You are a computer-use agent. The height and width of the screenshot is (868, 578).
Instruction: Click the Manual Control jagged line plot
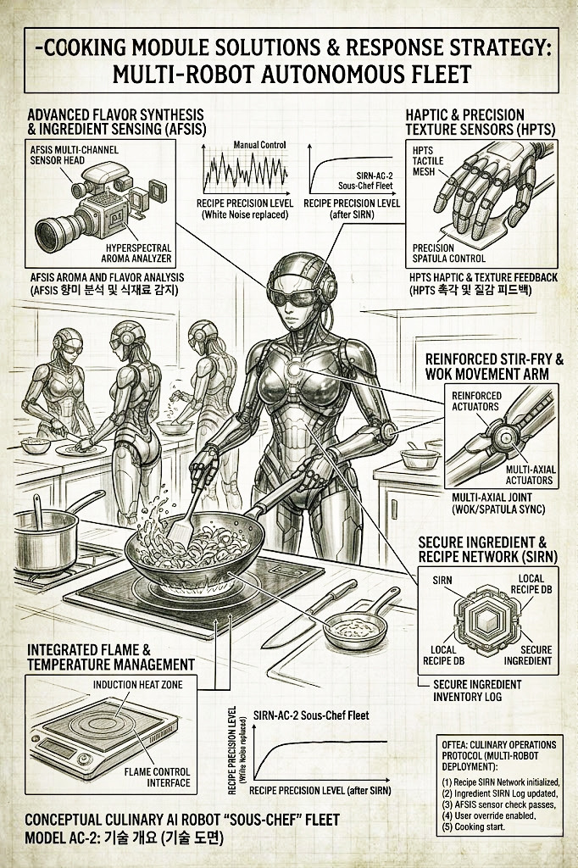point(245,171)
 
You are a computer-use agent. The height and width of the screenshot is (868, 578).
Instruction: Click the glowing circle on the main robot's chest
point(295,367)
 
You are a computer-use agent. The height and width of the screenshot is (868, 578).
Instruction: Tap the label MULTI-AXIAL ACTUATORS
point(530,475)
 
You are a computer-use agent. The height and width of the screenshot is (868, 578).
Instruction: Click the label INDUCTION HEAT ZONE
point(138,684)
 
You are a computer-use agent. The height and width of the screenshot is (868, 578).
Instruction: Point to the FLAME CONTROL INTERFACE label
point(158,776)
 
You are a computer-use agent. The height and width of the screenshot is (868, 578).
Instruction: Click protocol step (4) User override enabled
point(489,815)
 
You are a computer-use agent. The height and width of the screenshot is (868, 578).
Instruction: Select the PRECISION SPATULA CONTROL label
point(449,253)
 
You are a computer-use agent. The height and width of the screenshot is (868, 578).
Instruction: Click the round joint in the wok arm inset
point(505,437)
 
